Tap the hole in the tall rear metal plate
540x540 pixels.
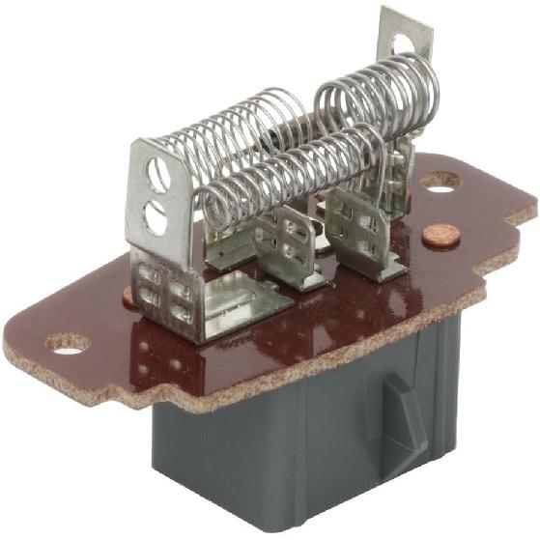click(403, 43)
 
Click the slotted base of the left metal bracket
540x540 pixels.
click(169, 290)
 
